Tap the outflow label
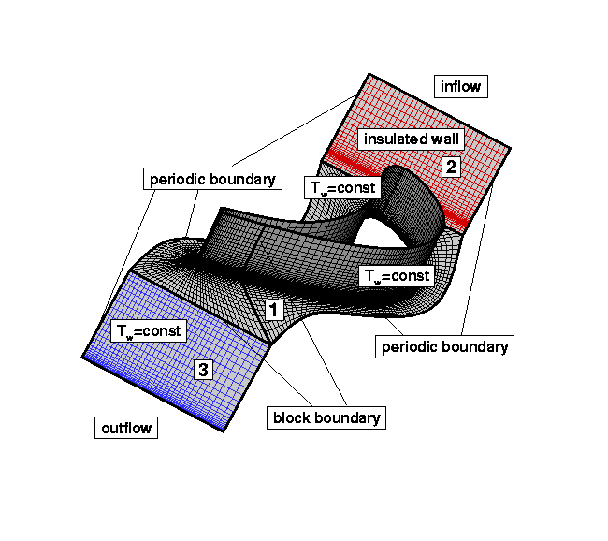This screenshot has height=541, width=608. (126, 428)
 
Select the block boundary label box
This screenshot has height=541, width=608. (326, 417)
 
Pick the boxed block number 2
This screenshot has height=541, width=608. (452, 168)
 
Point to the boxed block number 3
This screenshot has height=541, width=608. (203, 370)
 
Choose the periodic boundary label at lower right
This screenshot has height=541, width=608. (445, 346)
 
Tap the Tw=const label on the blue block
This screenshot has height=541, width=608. (148, 330)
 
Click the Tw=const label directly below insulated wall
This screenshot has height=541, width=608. (342, 187)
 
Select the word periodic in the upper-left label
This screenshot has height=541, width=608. (179, 178)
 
